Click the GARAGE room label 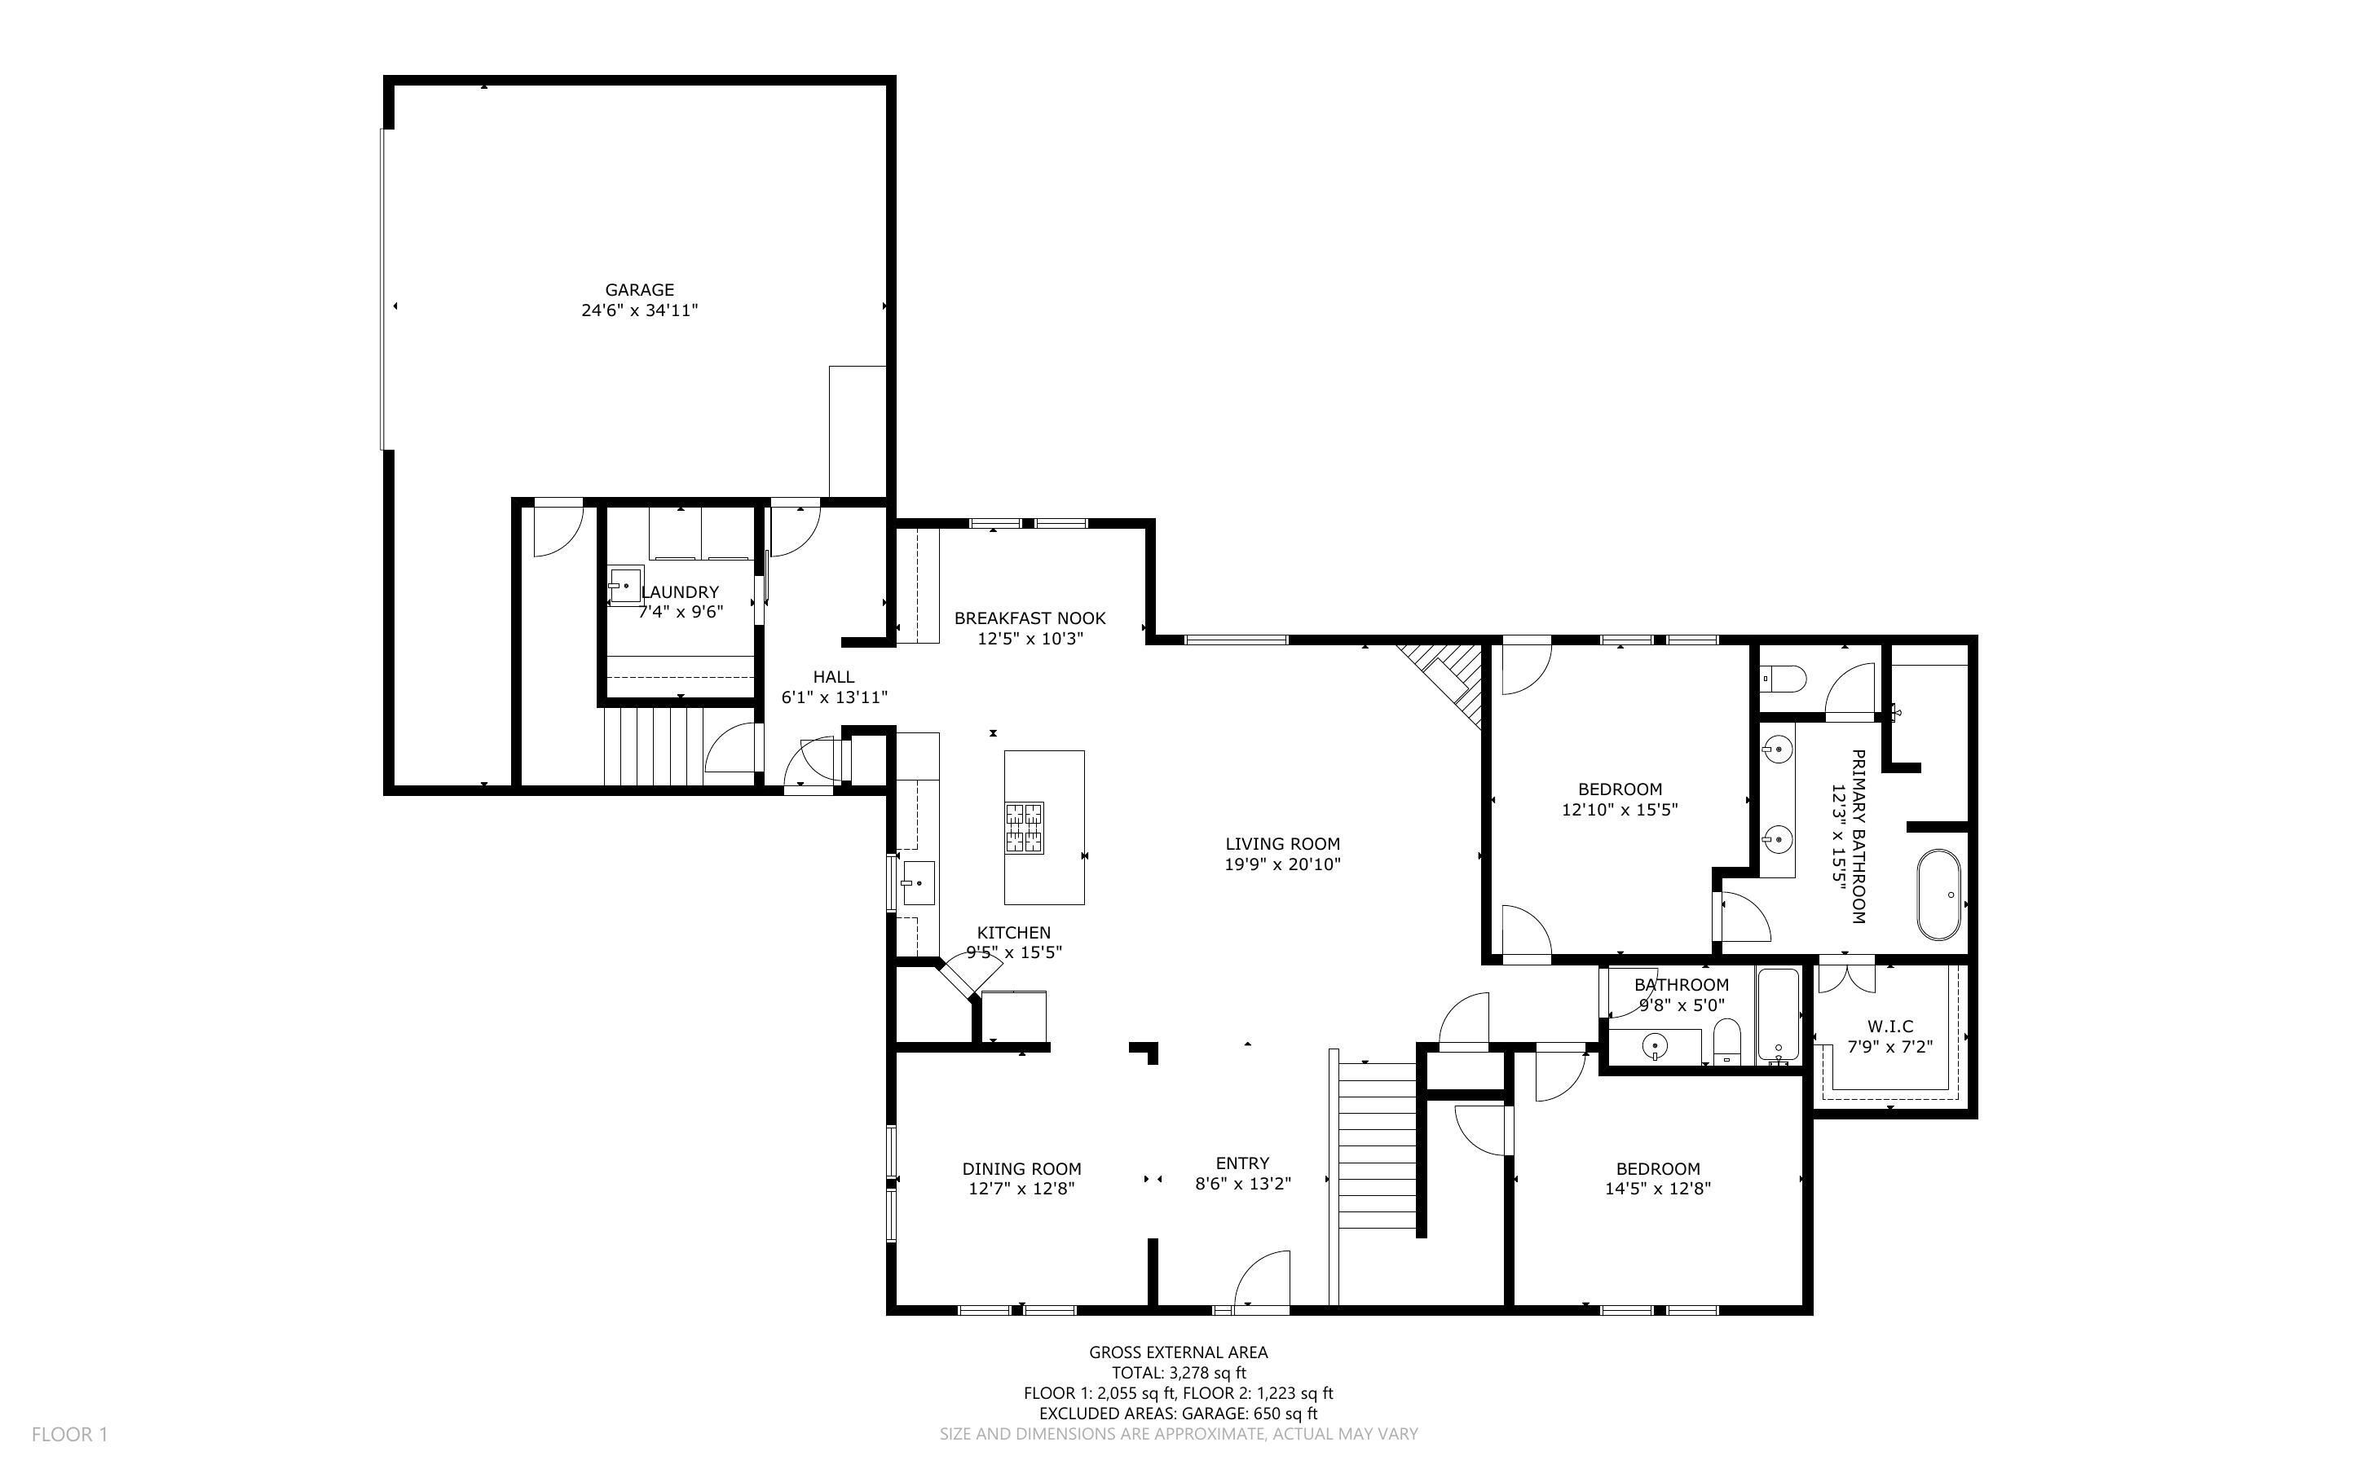(x=639, y=289)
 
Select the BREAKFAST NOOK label (x=1030, y=618)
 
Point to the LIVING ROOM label (x=1282, y=844)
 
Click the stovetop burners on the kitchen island (x=1024, y=828)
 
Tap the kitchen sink (x=917, y=884)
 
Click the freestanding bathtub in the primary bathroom (x=1939, y=895)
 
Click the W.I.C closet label (x=1890, y=1026)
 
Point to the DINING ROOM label (x=1021, y=1168)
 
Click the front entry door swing (x=1263, y=1278)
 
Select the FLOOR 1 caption (x=69, y=1434)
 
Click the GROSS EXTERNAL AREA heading (x=1178, y=1352)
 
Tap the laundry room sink (x=624, y=586)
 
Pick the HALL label (x=833, y=676)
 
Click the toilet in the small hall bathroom (x=1727, y=1042)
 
